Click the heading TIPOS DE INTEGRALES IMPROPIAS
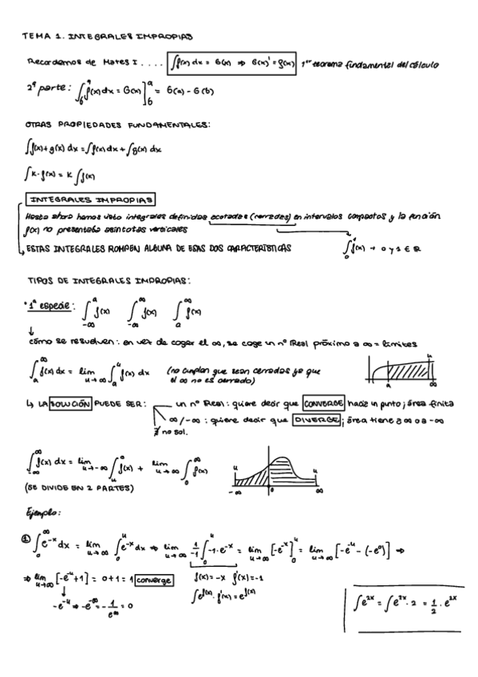(109, 282)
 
